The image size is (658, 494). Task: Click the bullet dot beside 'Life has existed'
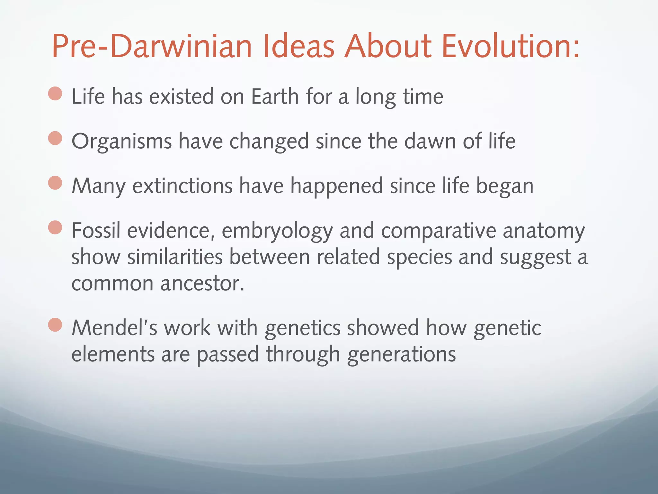click(55, 94)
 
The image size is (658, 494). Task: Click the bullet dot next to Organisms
click(55, 139)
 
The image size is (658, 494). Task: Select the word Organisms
click(122, 142)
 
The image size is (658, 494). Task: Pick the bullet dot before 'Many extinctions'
click(55, 183)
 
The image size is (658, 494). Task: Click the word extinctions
click(182, 186)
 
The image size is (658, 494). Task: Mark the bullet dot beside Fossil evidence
click(55, 228)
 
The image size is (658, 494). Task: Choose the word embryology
click(277, 231)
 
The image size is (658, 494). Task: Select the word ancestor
click(202, 284)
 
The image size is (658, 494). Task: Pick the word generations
click(401, 354)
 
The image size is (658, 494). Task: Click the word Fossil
click(96, 231)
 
